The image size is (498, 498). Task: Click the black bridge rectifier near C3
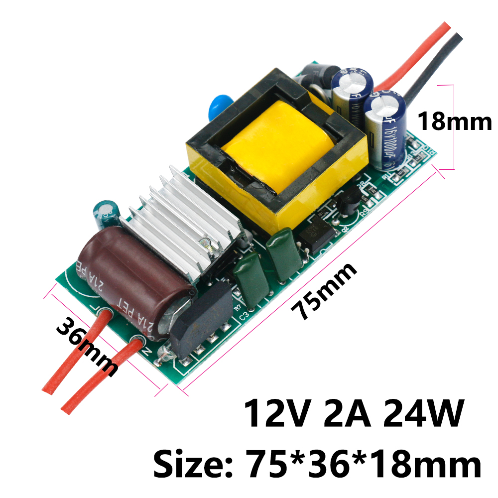pyautogui.click(x=199, y=319)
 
